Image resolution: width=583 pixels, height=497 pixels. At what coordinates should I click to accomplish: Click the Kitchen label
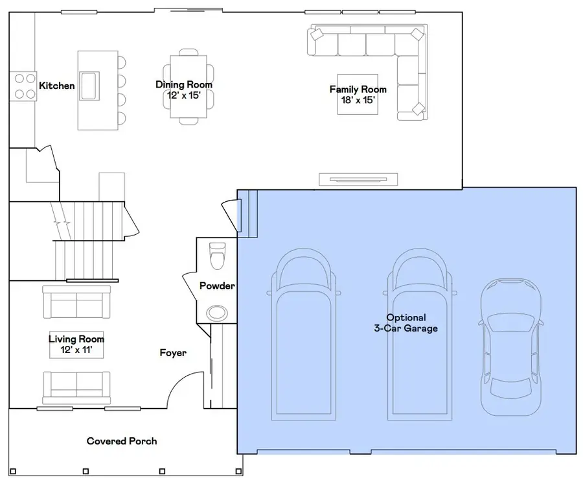tap(57, 86)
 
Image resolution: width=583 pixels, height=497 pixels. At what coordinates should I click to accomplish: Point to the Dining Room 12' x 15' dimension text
tap(184, 95)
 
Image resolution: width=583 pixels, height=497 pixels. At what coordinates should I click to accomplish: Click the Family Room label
tap(358, 90)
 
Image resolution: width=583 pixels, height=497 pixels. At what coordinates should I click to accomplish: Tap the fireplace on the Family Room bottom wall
tap(358, 179)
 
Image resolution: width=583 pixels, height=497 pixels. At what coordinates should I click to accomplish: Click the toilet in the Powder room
tap(217, 254)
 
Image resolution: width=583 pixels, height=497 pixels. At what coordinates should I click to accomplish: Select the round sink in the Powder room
tap(217, 313)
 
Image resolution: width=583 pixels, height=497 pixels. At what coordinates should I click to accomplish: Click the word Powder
tap(217, 286)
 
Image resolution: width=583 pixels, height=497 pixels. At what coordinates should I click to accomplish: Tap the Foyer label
tap(173, 353)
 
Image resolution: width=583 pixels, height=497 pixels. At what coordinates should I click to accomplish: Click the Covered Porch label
tap(122, 441)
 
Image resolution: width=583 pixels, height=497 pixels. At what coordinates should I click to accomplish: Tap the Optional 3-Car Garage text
tap(406, 323)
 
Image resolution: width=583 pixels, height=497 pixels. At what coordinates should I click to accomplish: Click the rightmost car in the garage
tap(511, 346)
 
